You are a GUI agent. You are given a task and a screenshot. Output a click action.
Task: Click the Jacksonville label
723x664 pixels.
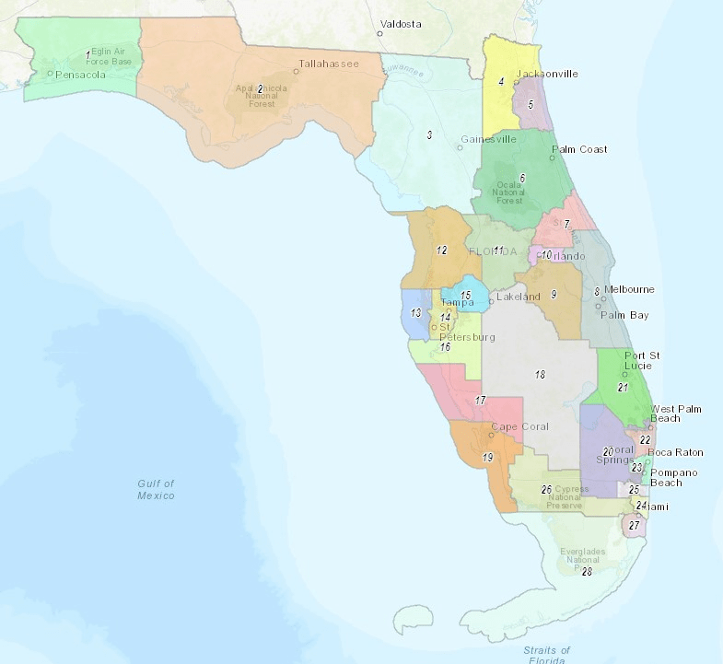547,74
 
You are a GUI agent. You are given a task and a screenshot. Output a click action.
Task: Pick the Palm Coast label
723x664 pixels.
579,149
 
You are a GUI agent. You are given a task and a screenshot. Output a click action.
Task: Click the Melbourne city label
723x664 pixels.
629,289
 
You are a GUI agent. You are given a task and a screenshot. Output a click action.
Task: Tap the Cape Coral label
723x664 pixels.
519,426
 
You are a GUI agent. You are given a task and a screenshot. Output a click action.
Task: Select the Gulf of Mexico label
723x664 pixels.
156,489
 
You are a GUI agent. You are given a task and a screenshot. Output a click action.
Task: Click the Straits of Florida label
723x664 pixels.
547,655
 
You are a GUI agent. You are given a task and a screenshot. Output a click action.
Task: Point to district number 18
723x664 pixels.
540,375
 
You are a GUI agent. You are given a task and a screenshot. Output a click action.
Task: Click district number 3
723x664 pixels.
429,135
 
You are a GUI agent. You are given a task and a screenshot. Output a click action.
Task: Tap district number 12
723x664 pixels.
441,250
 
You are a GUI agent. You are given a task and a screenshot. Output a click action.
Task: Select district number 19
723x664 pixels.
487,458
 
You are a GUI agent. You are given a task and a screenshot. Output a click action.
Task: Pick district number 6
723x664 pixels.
521,178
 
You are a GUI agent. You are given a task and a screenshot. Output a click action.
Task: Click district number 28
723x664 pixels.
586,572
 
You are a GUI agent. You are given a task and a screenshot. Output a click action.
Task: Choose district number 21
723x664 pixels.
622,388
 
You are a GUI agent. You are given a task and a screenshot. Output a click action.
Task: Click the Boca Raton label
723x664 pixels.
675,452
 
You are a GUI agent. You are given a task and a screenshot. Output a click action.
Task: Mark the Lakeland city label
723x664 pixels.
519,297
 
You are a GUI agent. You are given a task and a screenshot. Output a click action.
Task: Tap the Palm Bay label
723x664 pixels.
625,315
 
